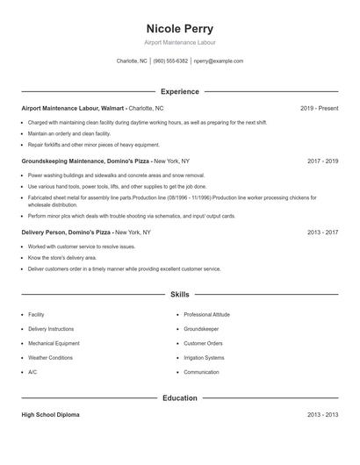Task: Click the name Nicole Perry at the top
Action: tap(179, 28)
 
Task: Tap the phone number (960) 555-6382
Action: tap(170, 61)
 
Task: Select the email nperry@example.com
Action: tap(218, 61)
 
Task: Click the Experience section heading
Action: tap(179, 91)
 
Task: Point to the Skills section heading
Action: tap(179, 296)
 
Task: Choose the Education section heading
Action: tap(179, 398)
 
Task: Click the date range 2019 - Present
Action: tap(319, 108)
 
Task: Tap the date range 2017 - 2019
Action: tap(322, 161)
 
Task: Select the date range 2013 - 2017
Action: tap(322, 232)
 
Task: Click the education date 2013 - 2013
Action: tap(322, 415)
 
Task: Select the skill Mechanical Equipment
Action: tap(54, 343)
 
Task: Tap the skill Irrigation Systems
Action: tap(204, 358)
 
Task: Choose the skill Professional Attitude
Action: tap(206, 314)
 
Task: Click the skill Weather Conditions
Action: tap(50, 358)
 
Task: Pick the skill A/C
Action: tap(32, 372)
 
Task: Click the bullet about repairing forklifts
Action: tap(94, 145)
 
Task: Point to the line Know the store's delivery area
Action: tap(62, 258)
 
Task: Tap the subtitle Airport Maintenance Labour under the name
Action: tap(179, 42)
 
